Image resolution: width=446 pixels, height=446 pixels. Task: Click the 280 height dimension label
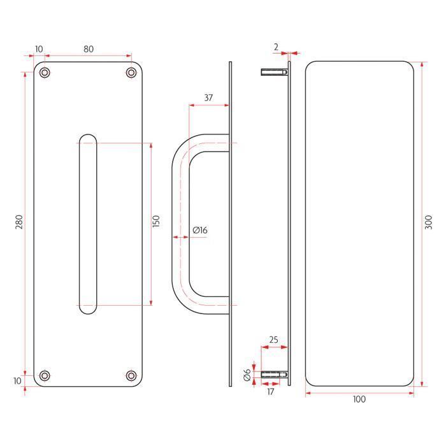point(19,222)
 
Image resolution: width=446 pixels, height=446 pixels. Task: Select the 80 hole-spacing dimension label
point(89,49)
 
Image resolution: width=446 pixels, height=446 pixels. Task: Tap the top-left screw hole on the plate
point(45,73)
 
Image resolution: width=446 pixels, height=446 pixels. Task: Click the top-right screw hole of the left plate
point(131,73)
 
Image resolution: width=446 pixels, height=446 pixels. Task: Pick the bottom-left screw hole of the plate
point(45,376)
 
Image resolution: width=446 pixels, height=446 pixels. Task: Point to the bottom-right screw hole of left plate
point(131,376)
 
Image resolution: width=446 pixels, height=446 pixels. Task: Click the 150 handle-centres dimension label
point(156,221)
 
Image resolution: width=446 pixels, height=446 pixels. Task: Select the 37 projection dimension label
point(208,97)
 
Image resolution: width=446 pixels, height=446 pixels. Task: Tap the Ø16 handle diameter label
point(200,230)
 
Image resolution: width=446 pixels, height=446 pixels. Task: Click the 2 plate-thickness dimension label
point(276,47)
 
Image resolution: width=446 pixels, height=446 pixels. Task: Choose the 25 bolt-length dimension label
point(273,340)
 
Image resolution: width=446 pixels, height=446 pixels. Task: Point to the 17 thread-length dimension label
point(271,392)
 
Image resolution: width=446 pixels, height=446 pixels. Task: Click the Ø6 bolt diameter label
point(247,375)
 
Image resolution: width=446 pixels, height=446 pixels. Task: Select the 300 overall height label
point(428,222)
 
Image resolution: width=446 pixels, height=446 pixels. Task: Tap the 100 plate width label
point(359,399)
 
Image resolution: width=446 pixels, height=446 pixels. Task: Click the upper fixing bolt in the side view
point(274,72)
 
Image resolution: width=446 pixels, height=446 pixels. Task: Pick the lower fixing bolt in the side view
point(274,375)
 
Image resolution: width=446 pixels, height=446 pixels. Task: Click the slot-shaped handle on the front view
point(88,224)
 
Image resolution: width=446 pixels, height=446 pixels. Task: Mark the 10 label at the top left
point(39,49)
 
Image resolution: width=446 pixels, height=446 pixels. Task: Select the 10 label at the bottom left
point(17,380)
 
